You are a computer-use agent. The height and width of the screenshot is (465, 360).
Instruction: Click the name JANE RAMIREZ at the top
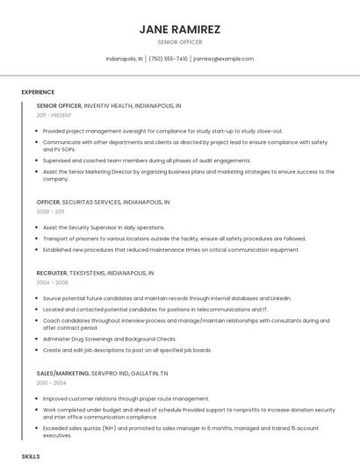coord(179,29)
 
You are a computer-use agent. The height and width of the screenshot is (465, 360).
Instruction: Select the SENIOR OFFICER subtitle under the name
coord(179,42)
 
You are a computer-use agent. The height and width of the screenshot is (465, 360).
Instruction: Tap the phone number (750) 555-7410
coord(168,59)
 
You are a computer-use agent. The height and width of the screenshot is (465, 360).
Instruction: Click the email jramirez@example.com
coord(223,59)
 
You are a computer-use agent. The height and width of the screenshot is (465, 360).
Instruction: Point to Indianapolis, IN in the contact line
coord(124,59)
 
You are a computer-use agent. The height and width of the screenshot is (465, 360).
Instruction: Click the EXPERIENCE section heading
coord(38,92)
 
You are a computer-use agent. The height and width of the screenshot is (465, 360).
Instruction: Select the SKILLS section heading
coord(31,457)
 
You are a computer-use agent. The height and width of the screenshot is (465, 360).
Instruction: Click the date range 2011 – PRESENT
coord(54,115)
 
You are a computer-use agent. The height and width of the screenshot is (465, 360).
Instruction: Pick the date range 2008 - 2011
coord(50,211)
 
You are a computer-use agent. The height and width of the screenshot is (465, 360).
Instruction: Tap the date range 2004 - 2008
coord(51,283)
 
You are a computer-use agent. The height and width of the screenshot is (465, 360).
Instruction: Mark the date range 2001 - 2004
coord(50,383)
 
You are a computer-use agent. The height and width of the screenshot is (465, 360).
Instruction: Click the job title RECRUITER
coord(52,273)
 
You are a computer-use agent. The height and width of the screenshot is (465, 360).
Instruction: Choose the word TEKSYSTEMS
coord(90,273)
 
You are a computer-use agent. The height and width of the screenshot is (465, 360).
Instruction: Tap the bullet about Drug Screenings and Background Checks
coord(110,339)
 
